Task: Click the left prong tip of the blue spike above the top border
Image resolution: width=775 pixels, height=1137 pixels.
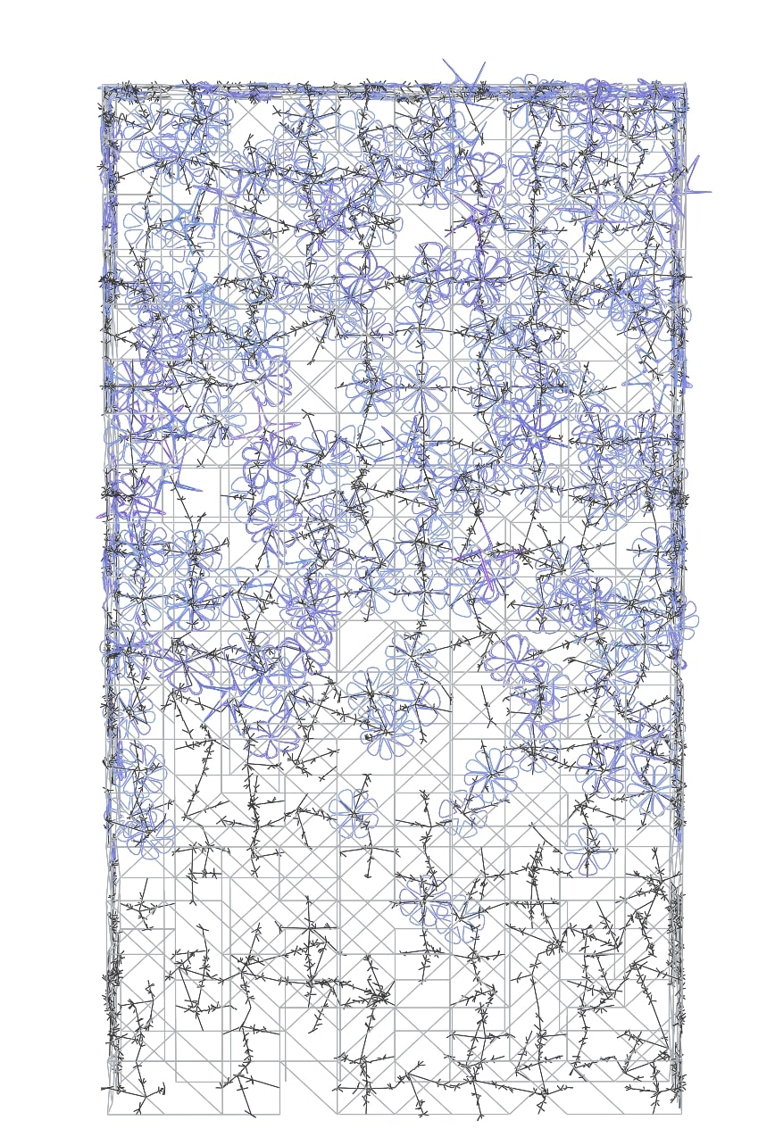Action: (444, 61)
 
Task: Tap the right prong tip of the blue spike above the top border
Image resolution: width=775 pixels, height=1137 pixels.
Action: (484, 62)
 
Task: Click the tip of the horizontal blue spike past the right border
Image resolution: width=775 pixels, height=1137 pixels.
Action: (711, 191)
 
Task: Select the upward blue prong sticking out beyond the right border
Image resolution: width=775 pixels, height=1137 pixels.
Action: (697, 157)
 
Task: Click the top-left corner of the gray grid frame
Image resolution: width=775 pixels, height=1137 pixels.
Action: (100, 87)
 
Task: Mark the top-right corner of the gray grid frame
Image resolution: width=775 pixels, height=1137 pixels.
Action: (685, 86)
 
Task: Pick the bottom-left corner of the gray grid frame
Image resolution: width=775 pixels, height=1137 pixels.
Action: (108, 1114)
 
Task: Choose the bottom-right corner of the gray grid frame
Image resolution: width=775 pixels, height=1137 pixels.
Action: (680, 1113)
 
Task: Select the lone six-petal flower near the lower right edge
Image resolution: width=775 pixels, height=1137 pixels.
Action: (587, 850)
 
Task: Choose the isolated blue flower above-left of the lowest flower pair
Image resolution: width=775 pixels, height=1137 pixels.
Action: (356, 812)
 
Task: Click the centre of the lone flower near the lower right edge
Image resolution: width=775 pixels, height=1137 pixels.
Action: (587, 850)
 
